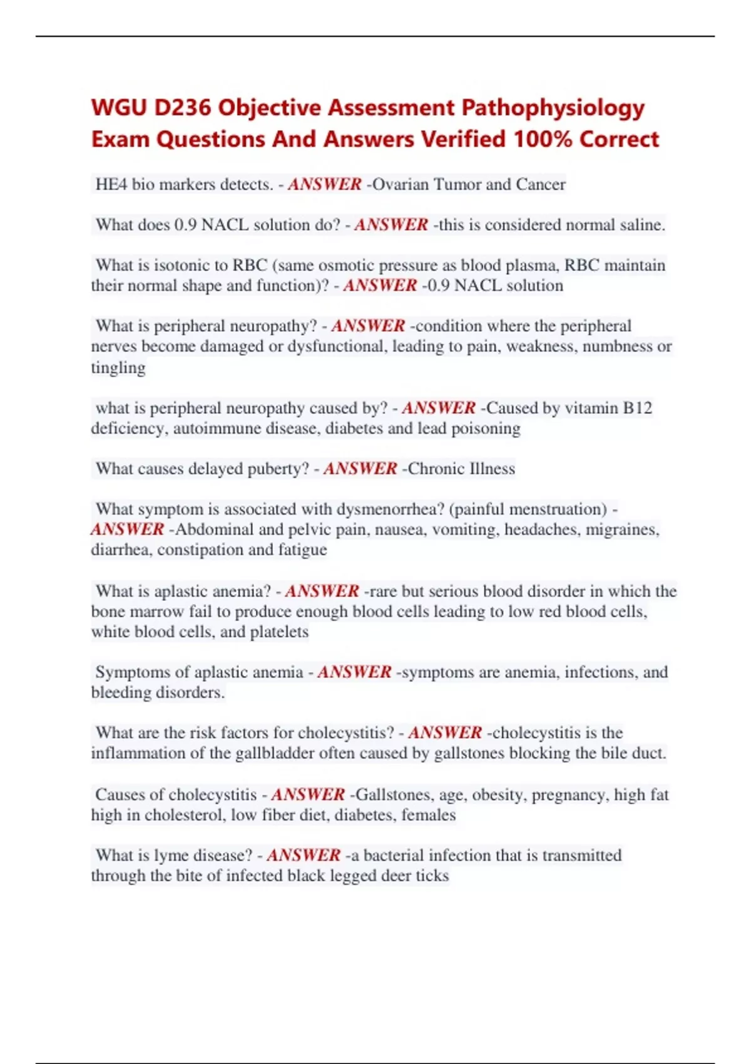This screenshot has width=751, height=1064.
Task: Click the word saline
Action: [x=640, y=225]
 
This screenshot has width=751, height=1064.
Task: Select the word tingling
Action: [x=118, y=368]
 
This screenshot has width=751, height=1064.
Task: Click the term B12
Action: [x=638, y=408]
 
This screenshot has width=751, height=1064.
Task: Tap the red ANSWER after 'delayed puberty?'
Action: [x=360, y=469]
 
